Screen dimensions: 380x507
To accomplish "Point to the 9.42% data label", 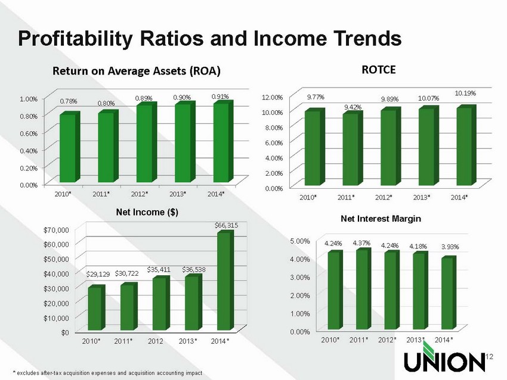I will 352,107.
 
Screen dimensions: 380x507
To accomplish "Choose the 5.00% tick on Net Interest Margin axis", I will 301,241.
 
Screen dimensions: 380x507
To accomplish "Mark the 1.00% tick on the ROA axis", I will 27,98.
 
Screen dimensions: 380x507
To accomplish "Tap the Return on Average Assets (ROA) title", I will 137,71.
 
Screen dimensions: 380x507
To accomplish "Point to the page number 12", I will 491,357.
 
